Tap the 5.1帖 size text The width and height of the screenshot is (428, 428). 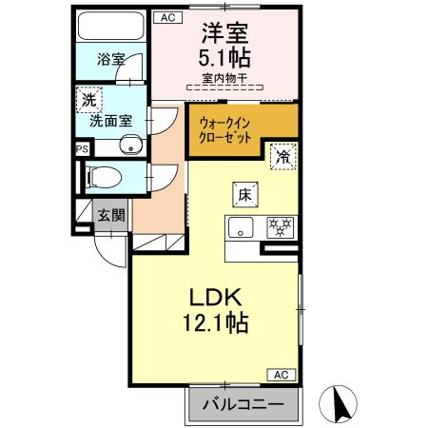pyautogui.click(x=225, y=55)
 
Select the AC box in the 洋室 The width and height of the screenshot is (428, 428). pyautogui.click(x=166, y=16)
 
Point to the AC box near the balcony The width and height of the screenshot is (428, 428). pyautogui.click(x=282, y=375)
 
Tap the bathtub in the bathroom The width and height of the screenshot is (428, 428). pyautogui.click(x=107, y=26)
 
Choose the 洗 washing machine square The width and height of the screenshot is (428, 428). pyautogui.click(x=88, y=100)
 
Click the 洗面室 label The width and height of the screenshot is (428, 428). pyautogui.click(x=110, y=121)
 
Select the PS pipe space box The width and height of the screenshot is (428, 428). pyautogui.click(x=82, y=148)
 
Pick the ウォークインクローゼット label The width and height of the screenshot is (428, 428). pyautogui.click(x=226, y=128)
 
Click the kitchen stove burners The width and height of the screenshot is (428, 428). pyautogui.click(x=280, y=227)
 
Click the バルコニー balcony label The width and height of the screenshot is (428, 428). pyautogui.click(x=243, y=404)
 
